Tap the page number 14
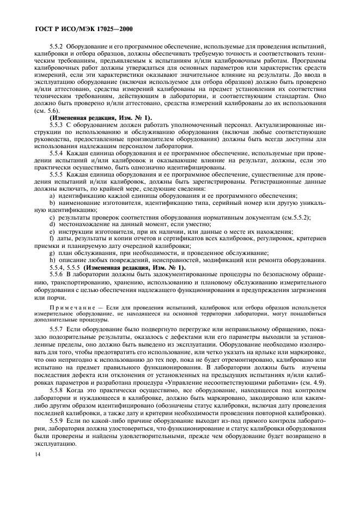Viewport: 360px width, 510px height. tap(38, 469)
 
